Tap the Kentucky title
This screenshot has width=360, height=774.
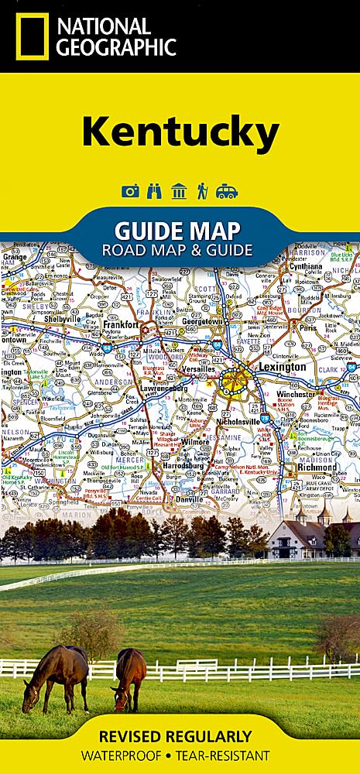(180, 132)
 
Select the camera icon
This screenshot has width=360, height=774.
(131, 191)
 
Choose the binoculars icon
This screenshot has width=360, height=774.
(155, 191)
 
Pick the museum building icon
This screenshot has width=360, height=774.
(179, 191)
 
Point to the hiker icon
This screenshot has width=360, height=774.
(202, 191)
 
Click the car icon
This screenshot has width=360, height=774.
(227, 191)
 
